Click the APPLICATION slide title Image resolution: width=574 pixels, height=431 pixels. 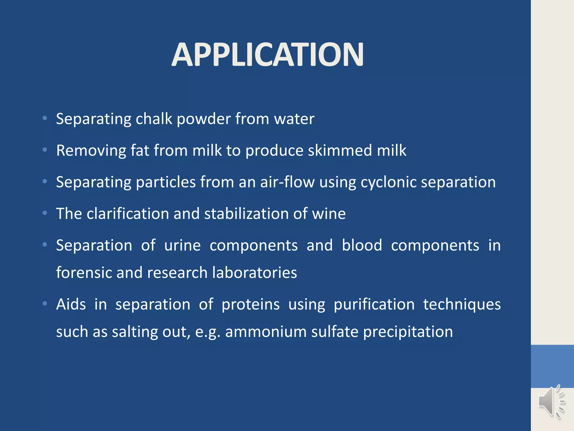coord(268,55)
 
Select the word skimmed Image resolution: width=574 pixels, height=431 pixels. coord(340,150)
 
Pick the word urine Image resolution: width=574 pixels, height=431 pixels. coord(182,246)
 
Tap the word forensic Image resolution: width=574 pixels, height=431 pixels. coord(84,272)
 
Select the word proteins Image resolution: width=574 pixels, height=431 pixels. coord(251,304)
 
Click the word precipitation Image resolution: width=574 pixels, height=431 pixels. coord(408,332)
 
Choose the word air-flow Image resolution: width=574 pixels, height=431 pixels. coord(287,182)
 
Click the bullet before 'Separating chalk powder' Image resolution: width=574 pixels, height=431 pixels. coord(45,118)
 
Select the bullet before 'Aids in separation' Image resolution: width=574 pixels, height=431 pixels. coord(45,304)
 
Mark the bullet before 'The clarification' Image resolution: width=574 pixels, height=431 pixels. coord(45,213)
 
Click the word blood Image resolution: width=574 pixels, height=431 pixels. coord(362,245)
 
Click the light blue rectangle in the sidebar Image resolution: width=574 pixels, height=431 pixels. coord(552,366)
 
